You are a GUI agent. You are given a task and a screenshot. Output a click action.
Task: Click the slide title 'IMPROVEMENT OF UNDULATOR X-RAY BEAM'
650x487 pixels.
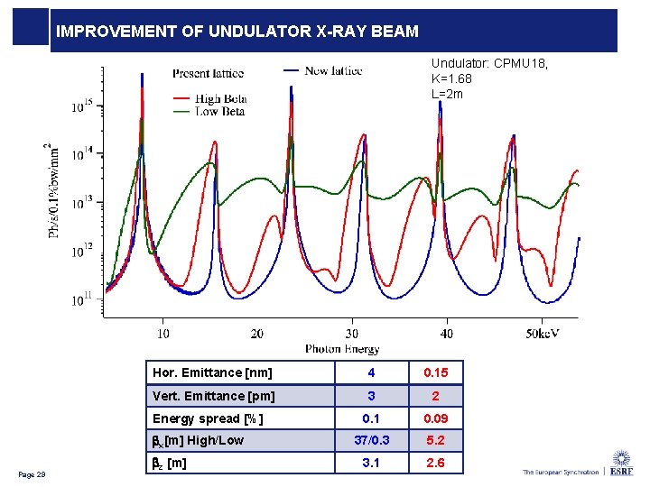[237, 32]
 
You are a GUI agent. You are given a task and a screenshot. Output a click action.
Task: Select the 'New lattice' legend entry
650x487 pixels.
[334, 70]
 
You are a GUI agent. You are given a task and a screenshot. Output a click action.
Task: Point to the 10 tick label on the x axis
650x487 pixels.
[162, 334]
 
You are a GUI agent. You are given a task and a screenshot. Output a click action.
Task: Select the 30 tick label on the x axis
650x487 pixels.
[352, 334]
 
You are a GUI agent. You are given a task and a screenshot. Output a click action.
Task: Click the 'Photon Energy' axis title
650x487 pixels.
[342, 349]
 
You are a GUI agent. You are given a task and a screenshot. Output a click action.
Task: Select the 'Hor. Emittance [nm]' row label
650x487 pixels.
[210, 372]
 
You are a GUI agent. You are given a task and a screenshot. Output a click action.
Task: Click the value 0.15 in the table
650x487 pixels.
[435, 372]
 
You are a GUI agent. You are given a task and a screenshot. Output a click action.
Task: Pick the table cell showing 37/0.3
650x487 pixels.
[371, 441]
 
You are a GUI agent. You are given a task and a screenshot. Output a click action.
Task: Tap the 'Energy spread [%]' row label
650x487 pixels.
[208, 418]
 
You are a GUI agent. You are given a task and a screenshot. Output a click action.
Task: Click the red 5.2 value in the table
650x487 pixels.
[435, 441]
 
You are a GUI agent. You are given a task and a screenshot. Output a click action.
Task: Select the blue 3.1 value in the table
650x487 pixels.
[371, 464]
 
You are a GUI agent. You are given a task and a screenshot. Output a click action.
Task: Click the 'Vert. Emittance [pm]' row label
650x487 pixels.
[213, 396]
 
